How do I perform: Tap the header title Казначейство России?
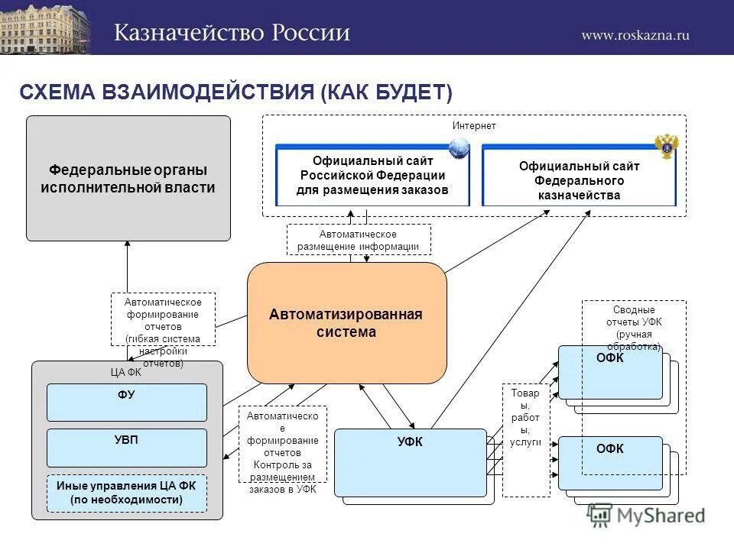[x=232, y=33]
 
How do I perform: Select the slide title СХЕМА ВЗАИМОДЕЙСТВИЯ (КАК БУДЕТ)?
[x=235, y=92]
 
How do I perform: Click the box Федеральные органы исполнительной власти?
[x=128, y=178]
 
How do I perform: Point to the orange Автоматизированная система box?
[x=346, y=323]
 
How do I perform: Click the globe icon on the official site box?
[x=459, y=147]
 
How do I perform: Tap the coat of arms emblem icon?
[x=666, y=145]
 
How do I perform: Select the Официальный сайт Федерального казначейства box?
[x=579, y=180]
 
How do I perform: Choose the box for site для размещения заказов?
[x=372, y=176]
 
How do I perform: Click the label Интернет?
[x=474, y=125]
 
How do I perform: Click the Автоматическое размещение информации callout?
[x=359, y=239]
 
